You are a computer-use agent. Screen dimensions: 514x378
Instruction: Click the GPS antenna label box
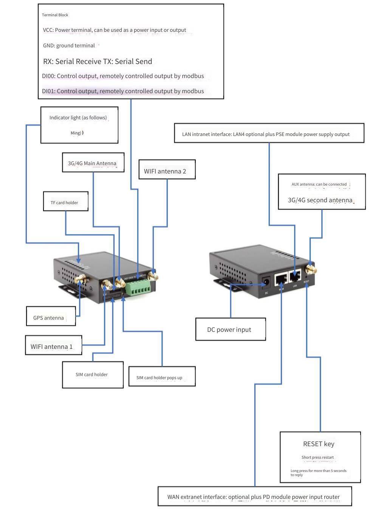51,316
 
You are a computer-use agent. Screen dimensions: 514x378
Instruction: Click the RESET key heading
319,444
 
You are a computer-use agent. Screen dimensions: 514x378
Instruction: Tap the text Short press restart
318,457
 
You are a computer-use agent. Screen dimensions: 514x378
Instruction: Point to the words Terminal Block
55,15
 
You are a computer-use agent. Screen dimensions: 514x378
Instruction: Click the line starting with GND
69,45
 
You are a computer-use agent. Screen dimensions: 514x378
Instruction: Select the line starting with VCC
114,30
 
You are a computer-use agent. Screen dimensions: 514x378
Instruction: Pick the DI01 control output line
123,91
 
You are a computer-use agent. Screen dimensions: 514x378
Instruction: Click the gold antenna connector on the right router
311,269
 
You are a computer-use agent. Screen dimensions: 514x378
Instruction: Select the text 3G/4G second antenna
320,200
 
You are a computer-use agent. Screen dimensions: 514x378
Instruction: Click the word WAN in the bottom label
173,497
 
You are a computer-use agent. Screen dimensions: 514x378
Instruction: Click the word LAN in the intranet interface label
187,134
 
